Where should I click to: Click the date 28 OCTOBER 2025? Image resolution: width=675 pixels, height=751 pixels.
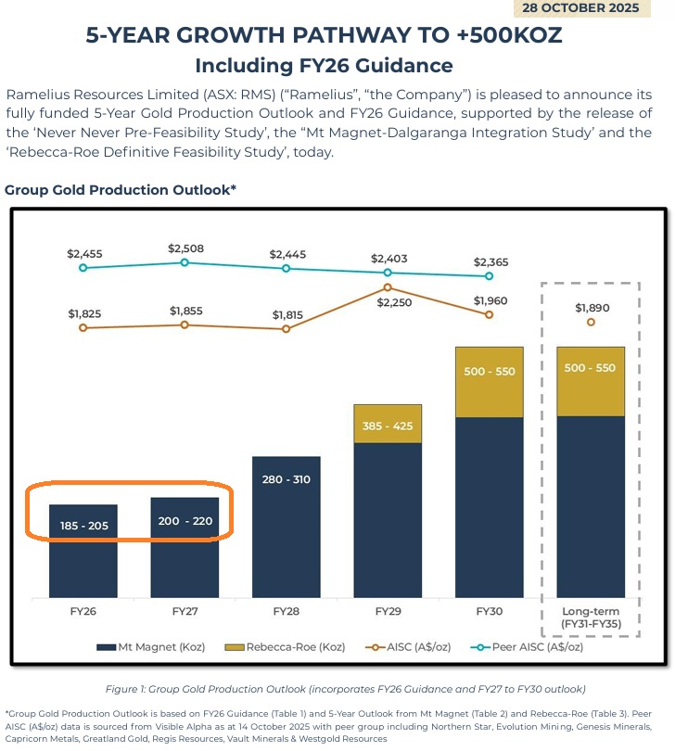click(x=580, y=7)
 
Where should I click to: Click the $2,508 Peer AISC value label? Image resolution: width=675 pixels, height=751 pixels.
click(x=185, y=248)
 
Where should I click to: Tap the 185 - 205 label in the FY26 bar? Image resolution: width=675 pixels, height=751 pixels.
click(x=83, y=526)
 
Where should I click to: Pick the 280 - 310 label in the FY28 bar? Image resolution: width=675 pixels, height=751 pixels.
click(x=286, y=479)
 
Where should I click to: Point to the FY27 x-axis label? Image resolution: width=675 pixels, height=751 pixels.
click(x=184, y=613)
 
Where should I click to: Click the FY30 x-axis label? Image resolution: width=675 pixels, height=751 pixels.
click(x=489, y=613)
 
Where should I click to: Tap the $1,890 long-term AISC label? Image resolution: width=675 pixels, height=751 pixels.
click(x=592, y=308)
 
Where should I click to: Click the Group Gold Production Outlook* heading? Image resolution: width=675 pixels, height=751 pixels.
click(x=121, y=190)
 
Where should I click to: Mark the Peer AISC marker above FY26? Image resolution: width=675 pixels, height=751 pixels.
click(x=83, y=268)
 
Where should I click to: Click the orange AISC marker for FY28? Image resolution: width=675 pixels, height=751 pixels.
click(x=286, y=329)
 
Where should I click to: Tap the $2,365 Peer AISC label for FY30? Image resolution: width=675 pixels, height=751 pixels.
click(x=490, y=261)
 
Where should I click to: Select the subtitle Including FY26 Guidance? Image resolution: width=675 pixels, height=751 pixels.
click(x=324, y=66)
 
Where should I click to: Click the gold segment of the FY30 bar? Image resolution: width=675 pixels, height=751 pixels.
click(x=489, y=382)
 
